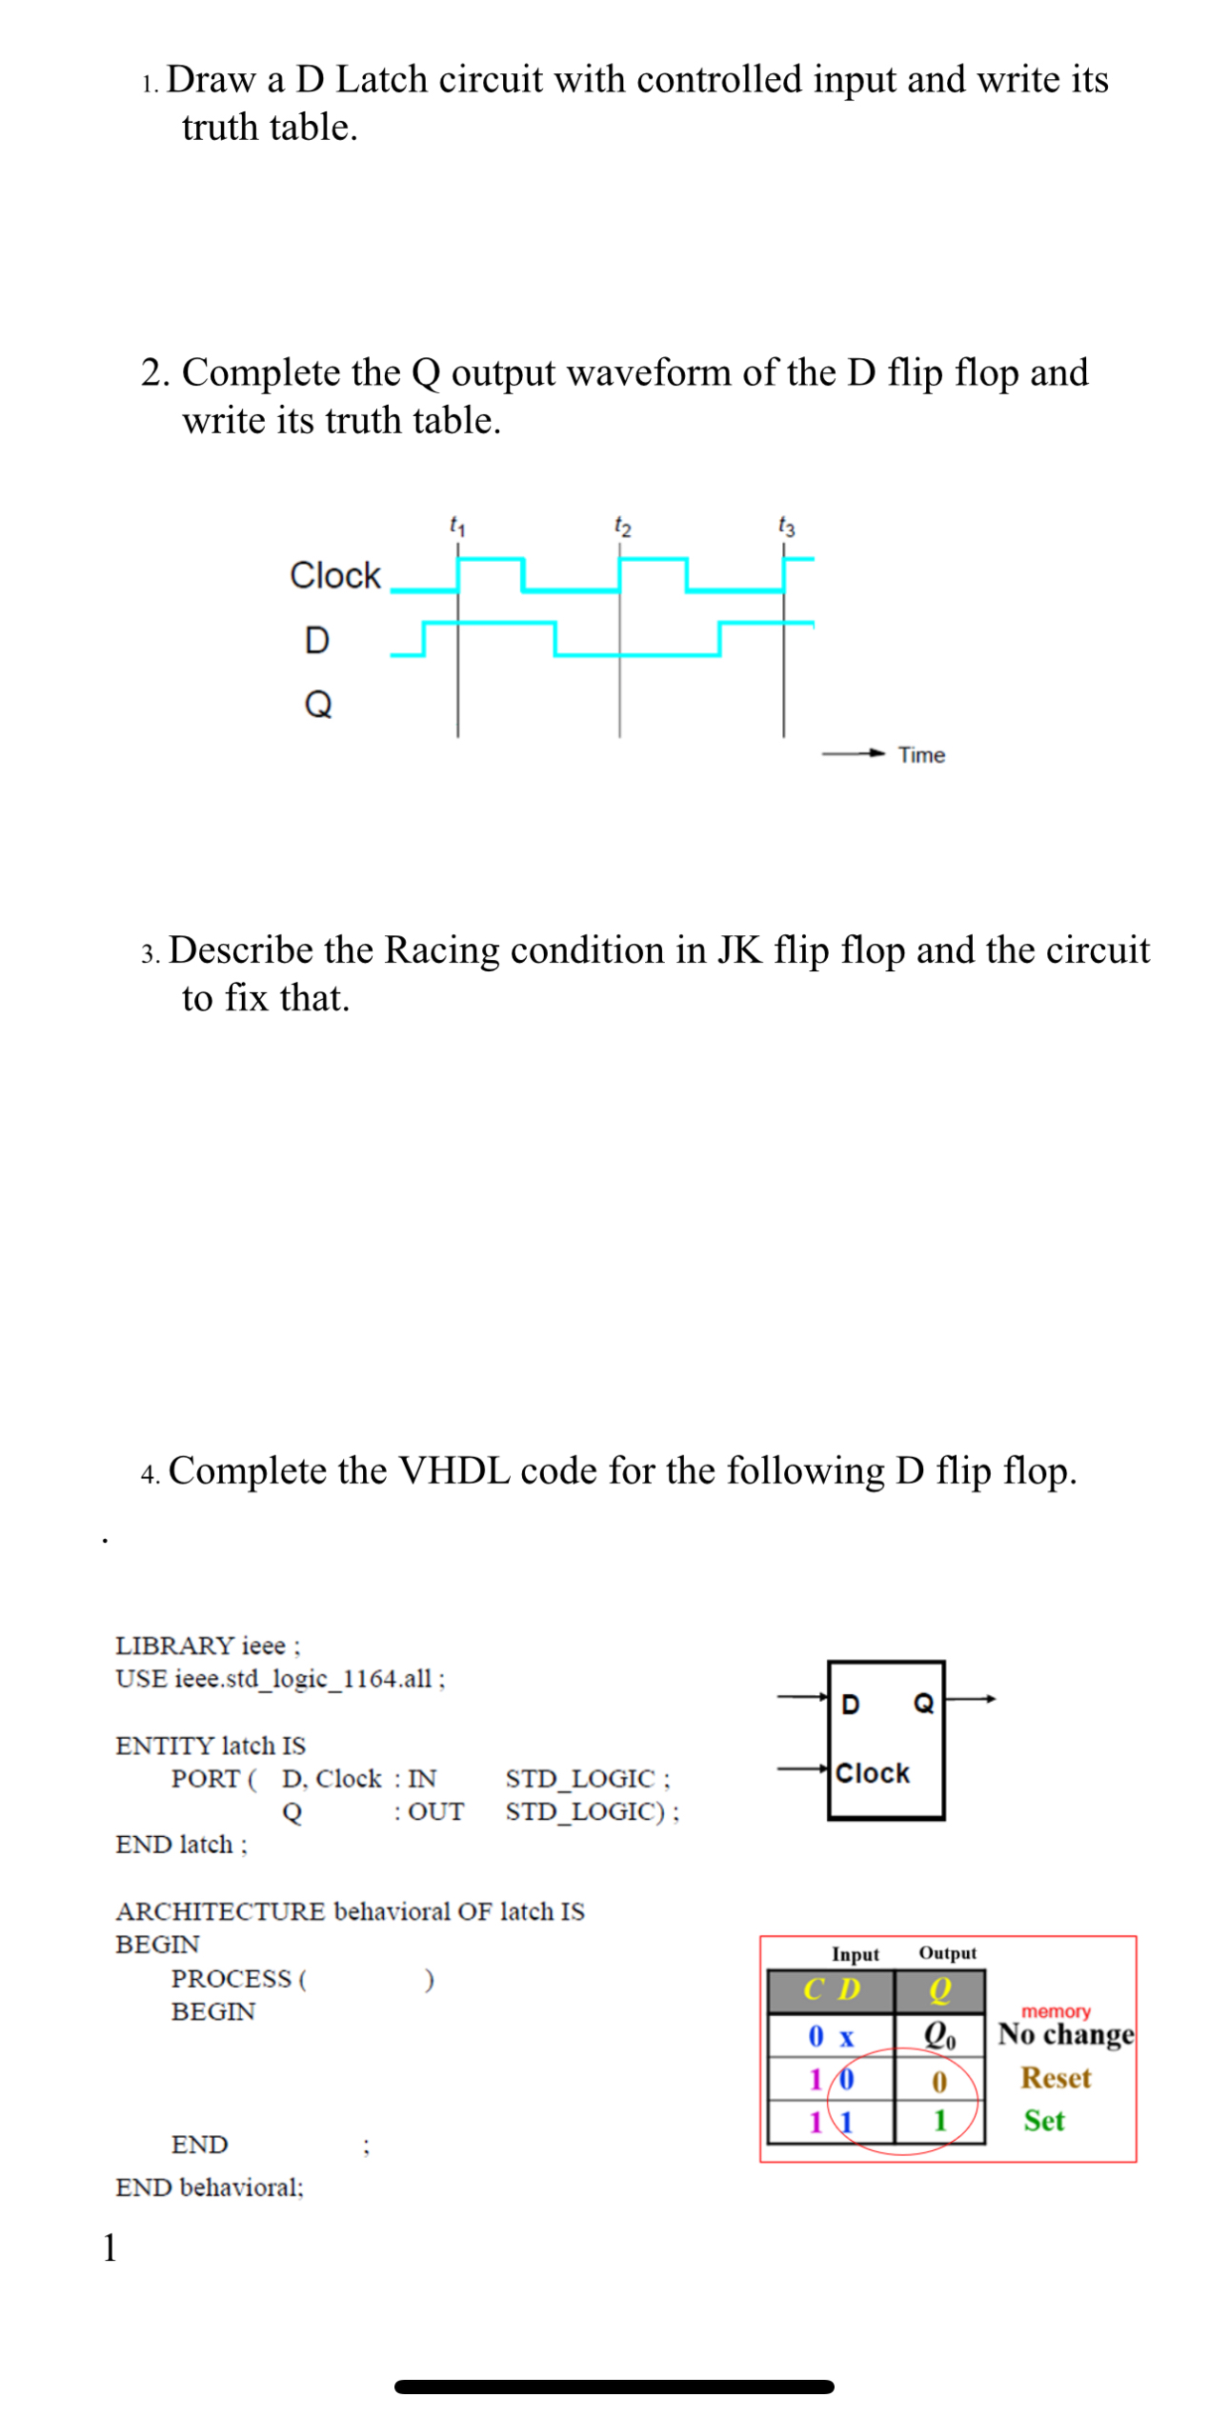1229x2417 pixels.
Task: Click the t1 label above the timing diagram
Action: [457, 525]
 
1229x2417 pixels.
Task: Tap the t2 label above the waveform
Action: [622, 525]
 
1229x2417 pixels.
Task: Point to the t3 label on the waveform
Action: [786, 525]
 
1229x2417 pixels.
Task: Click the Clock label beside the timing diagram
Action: [334, 576]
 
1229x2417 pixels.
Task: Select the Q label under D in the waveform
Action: [317, 705]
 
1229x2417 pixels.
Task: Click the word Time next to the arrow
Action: [920, 755]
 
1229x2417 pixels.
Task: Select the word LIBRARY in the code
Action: [174, 1646]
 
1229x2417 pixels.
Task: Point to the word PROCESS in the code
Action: [231, 1979]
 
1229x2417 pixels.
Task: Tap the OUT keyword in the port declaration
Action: [435, 1812]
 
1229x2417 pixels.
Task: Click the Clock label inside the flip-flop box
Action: [872, 1774]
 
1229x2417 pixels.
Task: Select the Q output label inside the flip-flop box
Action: [923, 1704]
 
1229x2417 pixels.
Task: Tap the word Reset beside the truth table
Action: [1055, 2079]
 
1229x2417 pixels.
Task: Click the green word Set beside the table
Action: [1043, 2122]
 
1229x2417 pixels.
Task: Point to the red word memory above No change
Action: [1056, 2012]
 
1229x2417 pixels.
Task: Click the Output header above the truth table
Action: [947, 1953]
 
